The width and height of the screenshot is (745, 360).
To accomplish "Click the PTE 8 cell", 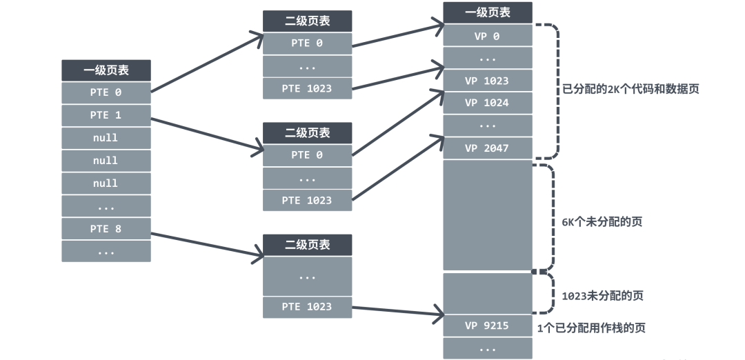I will coord(106,228).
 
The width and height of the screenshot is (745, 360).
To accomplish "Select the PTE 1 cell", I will coord(106,115).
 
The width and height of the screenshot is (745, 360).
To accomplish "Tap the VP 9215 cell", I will coord(487,326).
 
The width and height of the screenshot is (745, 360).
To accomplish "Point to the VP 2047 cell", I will coord(487,148).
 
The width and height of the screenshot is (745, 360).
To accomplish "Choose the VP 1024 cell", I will coord(487,103).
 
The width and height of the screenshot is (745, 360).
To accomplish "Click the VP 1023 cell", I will coord(487,81).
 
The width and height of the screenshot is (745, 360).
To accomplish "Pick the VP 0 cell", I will coord(487,36).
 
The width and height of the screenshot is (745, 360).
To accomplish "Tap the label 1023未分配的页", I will coord(602,295).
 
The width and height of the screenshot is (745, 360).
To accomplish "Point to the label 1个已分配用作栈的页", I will coord(591,328).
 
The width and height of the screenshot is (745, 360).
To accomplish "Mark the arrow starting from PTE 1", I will coord(207,134).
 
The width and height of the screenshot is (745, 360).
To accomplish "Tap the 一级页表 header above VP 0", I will coord(487,12).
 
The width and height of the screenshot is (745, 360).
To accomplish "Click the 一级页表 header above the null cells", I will coord(106,70).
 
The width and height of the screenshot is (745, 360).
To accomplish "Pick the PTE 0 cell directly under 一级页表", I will coord(106,92).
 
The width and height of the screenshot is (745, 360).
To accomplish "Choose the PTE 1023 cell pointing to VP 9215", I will coord(307,307).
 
